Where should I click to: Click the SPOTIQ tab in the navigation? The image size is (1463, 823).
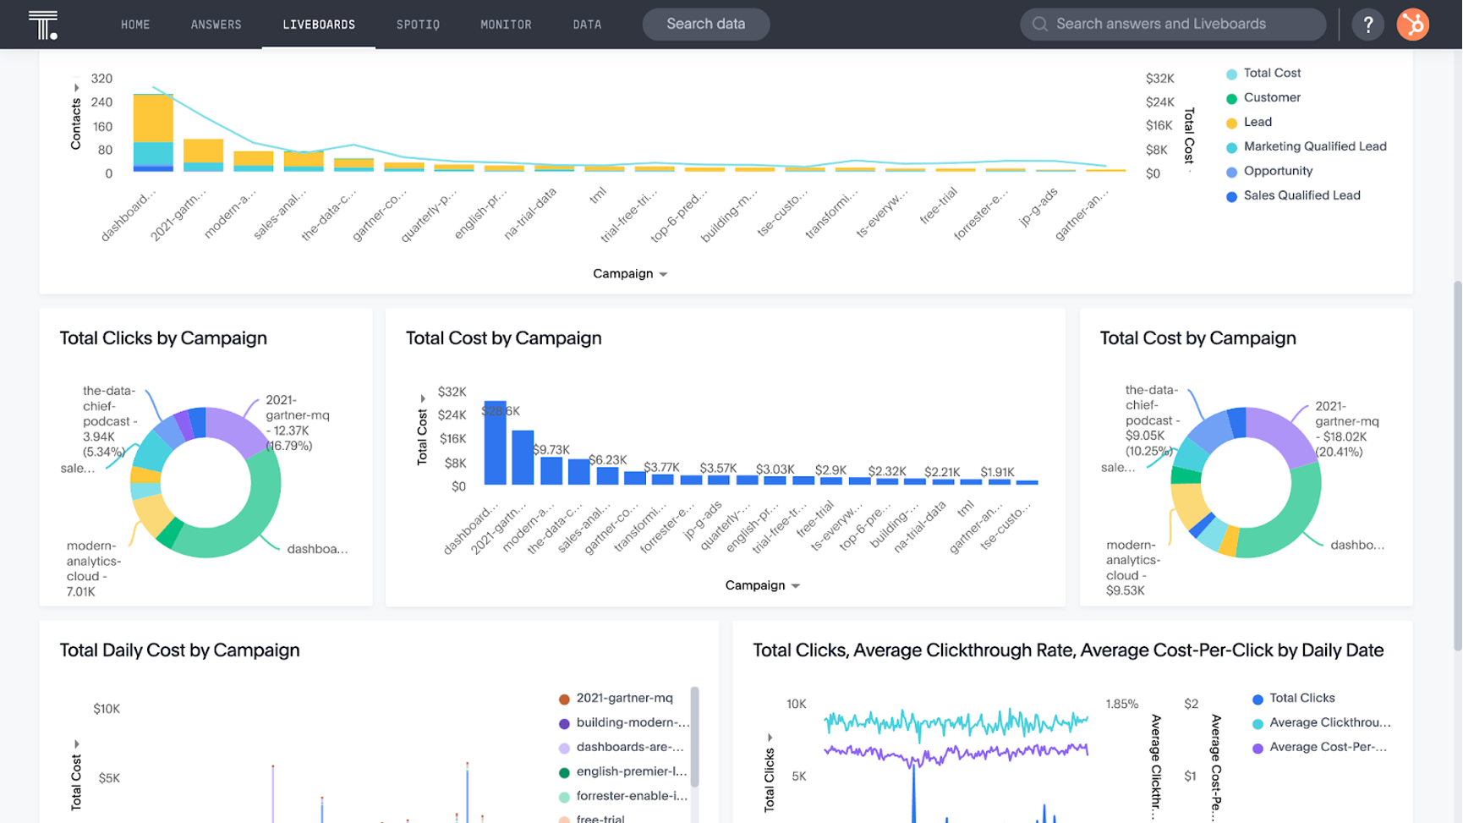[x=418, y=25]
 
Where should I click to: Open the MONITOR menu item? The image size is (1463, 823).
[x=506, y=25]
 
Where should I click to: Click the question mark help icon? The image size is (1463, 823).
[x=1367, y=25]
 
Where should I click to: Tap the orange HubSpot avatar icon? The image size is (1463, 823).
[x=1412, y=25]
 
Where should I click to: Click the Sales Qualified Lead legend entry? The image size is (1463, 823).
[x=1301, y=195]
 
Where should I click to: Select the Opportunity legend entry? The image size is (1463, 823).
[x=1278, y=171]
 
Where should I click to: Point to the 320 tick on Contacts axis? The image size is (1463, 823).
[x=101, y=79]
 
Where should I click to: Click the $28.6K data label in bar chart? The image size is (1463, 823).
[x=501, y=411]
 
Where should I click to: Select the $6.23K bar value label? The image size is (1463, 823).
[x=607, y=460]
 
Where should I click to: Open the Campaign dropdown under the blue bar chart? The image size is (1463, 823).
[x=762, y=585]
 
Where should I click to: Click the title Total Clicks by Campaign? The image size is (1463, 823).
[x=163, y=338]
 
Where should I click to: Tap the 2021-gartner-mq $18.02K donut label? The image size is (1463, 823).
[x=1346, y=429]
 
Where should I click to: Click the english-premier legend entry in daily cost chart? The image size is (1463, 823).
[x=631, y=771]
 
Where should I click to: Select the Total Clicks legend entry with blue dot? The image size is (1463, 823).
[x=1301, y=698]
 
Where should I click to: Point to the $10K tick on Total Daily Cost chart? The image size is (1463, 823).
[x=107, y=709]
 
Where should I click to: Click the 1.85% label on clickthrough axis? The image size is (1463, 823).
[x=1121, y=704]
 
